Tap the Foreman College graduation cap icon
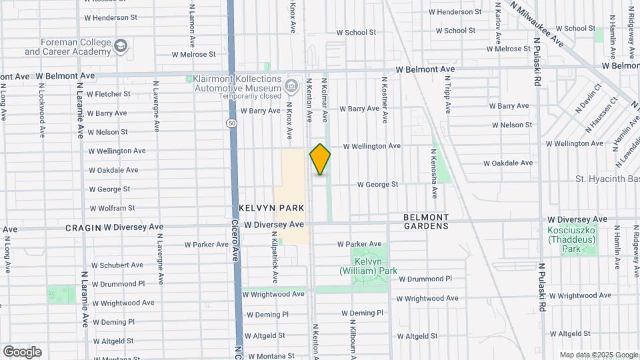121,46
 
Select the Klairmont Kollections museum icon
291,85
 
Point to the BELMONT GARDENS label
425,222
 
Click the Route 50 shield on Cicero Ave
231,123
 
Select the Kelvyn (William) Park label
368,266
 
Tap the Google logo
22,352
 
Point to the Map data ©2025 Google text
599,355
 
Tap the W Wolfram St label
112,208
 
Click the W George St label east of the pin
377,184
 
